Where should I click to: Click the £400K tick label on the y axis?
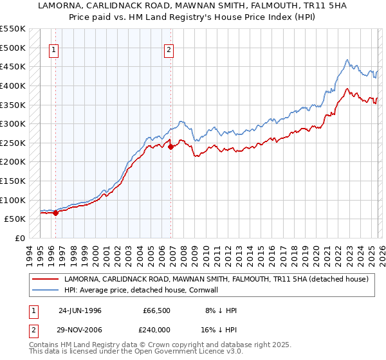pyautogui.click(x=13, y=85)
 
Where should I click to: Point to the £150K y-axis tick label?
pyautogui.click(x=13, y=181)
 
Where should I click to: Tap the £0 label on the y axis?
pyautogui.click(x=19, y=238)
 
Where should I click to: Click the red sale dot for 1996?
pyautogui.click(x=55, y=213)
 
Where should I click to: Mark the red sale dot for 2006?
pyautogui.click(x=171, y=147)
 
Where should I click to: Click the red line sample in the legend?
pyautogui.click(x=46, y=279)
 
